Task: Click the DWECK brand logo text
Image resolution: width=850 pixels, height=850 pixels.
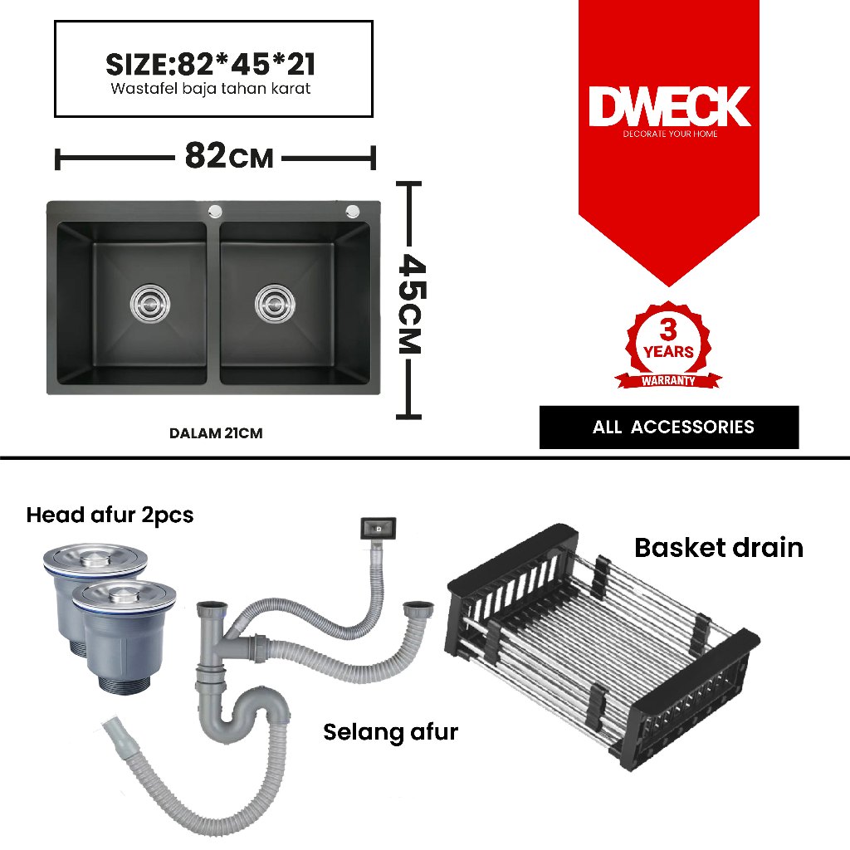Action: tap(669, 107)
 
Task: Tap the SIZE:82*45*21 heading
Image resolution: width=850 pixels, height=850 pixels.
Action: tap(210, 65)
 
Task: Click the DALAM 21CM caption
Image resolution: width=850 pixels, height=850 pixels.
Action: tap(216, 433)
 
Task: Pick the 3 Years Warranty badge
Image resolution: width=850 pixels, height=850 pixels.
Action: tap(668, 347)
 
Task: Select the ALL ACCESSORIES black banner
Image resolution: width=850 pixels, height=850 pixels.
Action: tap(669, 427)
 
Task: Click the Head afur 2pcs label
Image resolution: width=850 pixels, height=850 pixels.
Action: tap(110, 515)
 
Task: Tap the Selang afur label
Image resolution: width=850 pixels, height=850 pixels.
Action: tap(390, 732)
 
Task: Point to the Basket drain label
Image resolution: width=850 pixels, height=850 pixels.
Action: tap(718, 548)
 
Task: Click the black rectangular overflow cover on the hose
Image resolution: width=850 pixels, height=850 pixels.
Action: tap(377, 526)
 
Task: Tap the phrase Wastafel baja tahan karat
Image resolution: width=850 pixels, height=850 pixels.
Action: tap(210, 89)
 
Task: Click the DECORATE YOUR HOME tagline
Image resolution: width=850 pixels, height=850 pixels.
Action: tap(670, 134)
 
